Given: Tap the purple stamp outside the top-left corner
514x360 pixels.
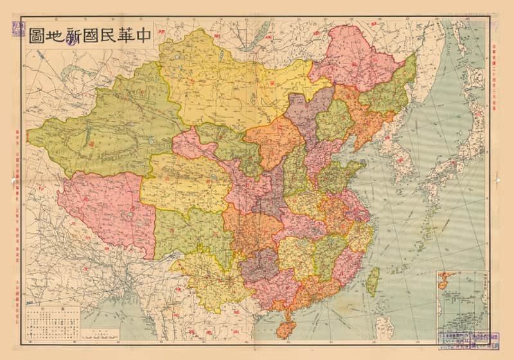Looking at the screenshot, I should pyautogui.click(x=12, y=29).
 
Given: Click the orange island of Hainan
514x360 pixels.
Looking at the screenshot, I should pyautogui.click(x=284, y=326).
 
